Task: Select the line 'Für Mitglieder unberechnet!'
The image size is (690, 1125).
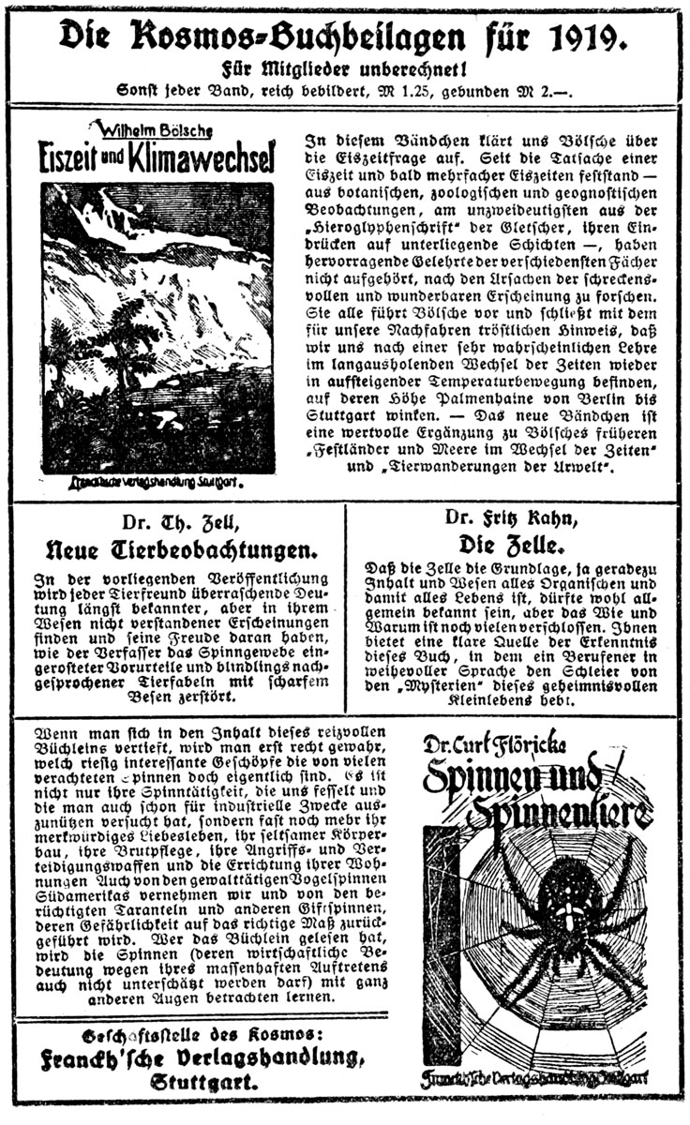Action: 344,68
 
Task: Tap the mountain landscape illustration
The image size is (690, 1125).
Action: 157,328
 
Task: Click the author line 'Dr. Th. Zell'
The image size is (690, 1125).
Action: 178,523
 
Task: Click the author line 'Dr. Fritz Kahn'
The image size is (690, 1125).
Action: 517,517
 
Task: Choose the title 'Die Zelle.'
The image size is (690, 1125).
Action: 517,543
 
